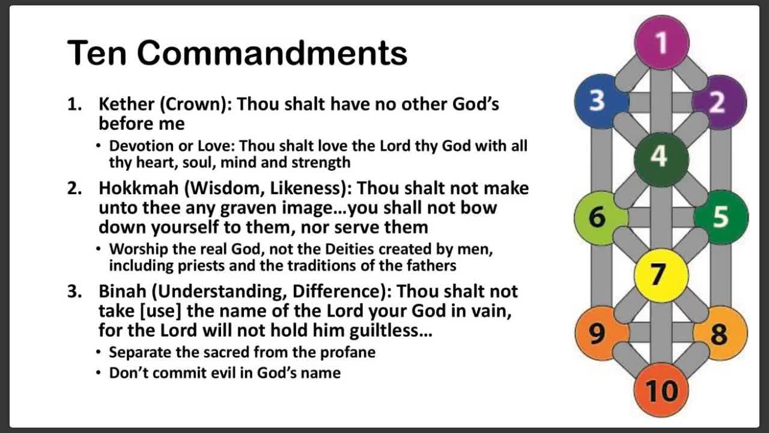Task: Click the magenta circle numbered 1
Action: point(661,43)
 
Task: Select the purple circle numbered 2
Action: point(719,102)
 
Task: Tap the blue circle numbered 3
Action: point(601,102)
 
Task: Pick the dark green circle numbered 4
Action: point(661,160)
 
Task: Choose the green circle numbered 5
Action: point(721,217)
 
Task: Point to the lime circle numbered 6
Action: point(601,218)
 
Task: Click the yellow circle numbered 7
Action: point(661,275)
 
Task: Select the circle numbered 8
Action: point(720,333)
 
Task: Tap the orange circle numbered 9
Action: point(602,333)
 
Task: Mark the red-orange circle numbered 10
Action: point(661,390)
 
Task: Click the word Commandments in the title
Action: point(272,53)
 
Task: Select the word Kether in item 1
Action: point(126,104)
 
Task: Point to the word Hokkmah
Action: point(138,188)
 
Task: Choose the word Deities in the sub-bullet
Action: point(349,249)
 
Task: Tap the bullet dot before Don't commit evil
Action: point(99,373)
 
